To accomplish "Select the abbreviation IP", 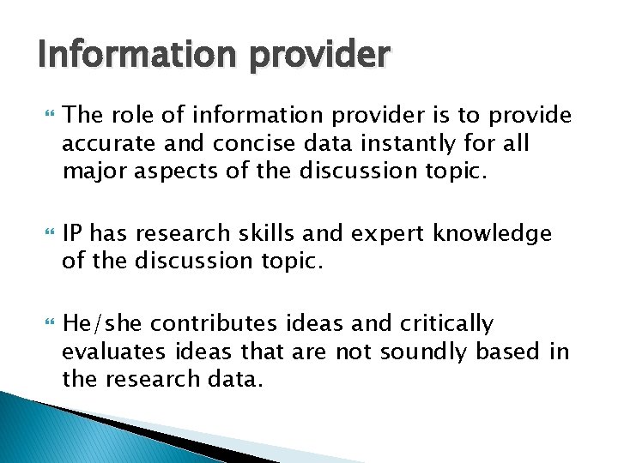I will click(x=74, y=233).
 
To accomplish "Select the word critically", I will click(x=446, y=323).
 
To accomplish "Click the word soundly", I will click(x=417, y=352).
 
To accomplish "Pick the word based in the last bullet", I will click(x=506, y=352).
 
